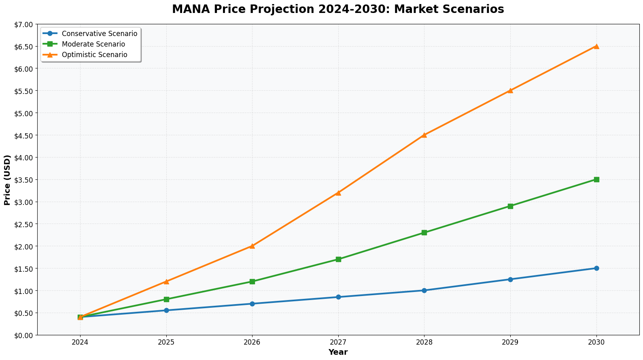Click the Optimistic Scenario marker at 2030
coord(596,46)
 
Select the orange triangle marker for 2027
coord(338,193)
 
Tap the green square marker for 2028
coord(424,232)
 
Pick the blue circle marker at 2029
coord(510,279)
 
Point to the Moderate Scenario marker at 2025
coord(166,299)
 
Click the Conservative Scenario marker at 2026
coord(252,304)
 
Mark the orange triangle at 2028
coord(424,135)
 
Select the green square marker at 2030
coord(596,179)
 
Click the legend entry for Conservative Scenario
coord(99,34)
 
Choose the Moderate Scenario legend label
coord(93,44)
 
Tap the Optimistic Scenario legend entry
coord(94,55)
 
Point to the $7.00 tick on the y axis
coord(25,24)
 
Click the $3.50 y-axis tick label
coord(25,180)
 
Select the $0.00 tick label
coord(25,335)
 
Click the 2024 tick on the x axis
coord(80,342)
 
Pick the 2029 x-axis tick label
coord(510,342)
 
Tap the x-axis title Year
coord(338,352)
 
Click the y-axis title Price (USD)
coord(7,180)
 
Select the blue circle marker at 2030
coord(596,268)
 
